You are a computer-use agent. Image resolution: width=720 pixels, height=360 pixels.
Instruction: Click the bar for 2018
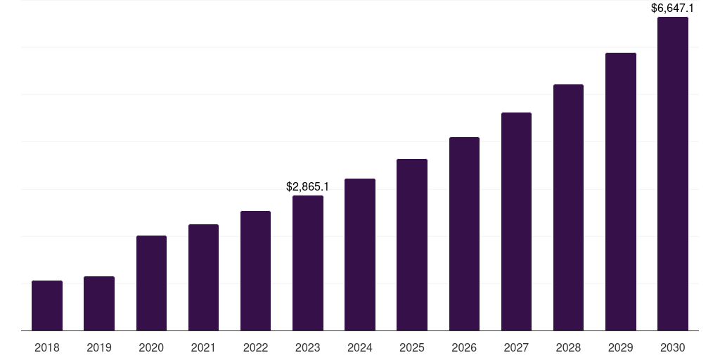tap(47, 306)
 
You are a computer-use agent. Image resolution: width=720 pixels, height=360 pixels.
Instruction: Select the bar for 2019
tap(99, 304)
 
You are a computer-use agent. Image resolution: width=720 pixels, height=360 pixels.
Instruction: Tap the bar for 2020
tap(151, 283)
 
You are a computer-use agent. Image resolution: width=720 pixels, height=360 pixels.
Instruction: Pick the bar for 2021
tap(203, 278)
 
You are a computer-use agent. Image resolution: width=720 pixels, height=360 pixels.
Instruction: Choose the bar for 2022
tap(255, 271)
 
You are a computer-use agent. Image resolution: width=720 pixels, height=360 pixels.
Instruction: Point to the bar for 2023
tap(308, 263)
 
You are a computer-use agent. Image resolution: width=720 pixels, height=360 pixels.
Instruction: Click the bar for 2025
tap(412, 245)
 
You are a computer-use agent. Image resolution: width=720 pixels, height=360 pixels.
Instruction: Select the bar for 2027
tap(516, 221)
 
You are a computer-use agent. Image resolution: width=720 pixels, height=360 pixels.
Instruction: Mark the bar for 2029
tap(621, 192)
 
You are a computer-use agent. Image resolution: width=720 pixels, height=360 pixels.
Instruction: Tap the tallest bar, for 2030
tap(673, 174)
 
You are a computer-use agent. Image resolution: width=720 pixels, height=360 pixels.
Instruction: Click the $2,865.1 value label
tap(308, 187)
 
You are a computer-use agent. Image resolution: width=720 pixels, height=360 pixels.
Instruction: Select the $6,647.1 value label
tap(672, 8)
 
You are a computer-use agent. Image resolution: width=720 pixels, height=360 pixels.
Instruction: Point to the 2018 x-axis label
tap(47, 347)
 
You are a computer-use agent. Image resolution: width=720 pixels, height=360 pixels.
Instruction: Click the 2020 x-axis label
tap(151, 347)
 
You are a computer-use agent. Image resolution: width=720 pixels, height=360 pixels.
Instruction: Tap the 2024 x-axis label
tap(360, 347)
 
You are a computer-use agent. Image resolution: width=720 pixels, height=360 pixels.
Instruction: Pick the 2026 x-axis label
tap(464, 347)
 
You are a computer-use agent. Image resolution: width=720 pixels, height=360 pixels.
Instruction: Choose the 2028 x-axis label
tap(568, 347)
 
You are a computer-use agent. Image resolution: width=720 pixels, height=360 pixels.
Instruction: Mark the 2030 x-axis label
tap(673, 347)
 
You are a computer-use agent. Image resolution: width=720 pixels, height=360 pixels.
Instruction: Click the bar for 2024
tap(360, 255)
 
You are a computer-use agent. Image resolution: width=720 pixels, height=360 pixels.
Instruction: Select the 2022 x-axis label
tap(255, 347)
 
